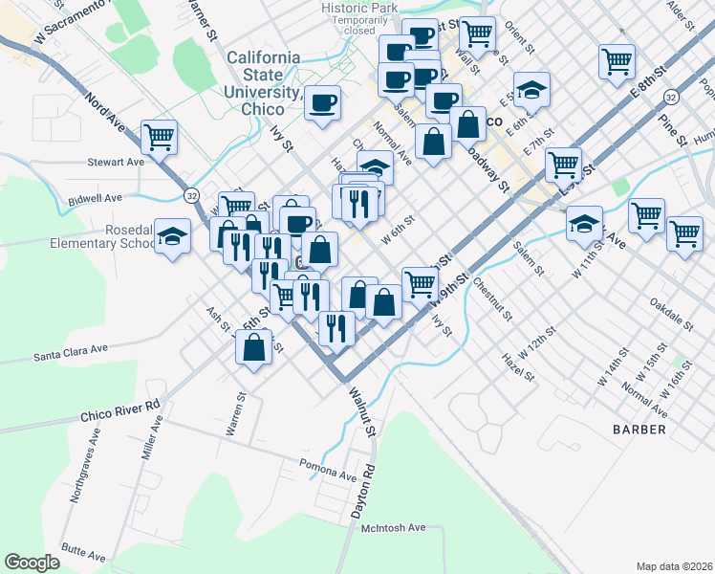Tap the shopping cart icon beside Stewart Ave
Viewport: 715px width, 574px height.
(159, 137)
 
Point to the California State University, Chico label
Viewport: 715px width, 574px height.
(263, 75)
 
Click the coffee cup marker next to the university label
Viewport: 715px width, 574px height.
(323, 101)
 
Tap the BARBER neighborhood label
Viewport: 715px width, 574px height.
(639, 430)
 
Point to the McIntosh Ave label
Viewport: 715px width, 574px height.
(393, 527)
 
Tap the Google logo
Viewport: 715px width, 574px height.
(32, 562)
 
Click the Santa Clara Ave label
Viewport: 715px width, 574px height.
(72, 356)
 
